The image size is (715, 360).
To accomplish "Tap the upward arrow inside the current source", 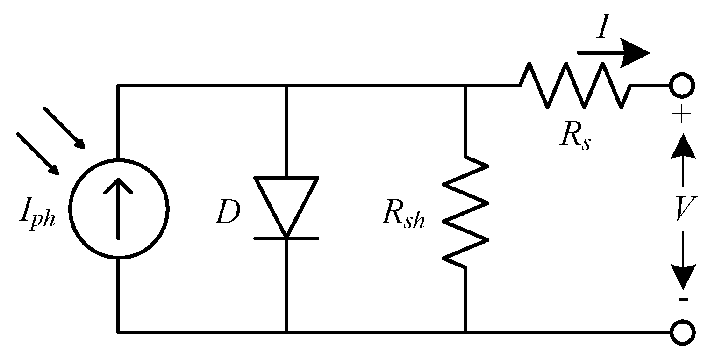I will [118, 206].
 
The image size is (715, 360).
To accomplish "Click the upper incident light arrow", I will [64, 128].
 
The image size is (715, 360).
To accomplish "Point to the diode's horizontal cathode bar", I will [286, 238].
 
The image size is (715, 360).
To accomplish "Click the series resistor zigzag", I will [575, 86].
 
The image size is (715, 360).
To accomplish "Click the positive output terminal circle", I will [682, 86].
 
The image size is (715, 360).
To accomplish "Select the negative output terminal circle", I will [682, 332].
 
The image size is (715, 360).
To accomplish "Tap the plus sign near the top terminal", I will [683, 115].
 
